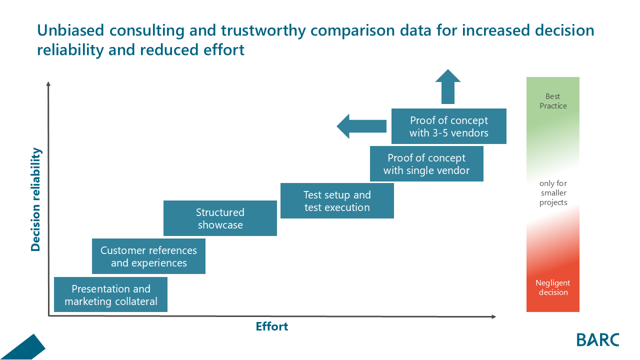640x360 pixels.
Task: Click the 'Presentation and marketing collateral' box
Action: tap(110, 295)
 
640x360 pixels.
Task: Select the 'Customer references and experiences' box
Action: tap(148, 256)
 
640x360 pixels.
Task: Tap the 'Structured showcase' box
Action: tap(220, 218)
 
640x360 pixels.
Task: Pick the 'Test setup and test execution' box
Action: tap(337, 201)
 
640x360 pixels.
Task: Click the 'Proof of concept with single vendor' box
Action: tap(426, 164)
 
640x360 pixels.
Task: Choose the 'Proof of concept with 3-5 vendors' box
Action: tap(448, 126)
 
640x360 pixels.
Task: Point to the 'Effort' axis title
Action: tap(272, 326)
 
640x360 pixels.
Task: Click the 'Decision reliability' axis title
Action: tap(35, 199)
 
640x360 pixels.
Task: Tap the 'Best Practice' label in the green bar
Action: tap(553, 101)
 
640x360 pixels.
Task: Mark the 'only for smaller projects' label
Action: tap(553, 193)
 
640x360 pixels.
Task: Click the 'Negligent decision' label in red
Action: tap(553, 287)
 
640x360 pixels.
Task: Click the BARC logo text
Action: tap(597, 339)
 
